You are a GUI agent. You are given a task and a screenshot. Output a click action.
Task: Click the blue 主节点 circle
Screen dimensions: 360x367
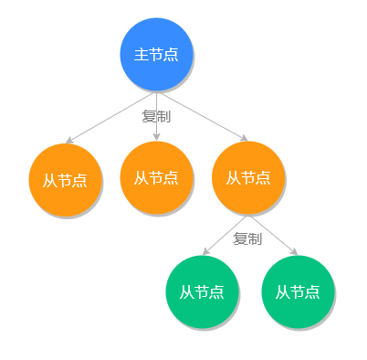[156, 55]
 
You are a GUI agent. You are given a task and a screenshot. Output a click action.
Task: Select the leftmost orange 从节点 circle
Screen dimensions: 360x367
[65, 179]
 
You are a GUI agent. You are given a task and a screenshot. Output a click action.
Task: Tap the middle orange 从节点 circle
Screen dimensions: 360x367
[156, 177]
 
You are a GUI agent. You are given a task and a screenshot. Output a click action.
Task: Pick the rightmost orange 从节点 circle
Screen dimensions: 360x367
[247, 177]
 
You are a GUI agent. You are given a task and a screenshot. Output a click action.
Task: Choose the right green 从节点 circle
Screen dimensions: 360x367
[298, 291]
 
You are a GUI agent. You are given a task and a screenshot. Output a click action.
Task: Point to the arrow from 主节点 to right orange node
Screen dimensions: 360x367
[203, 117]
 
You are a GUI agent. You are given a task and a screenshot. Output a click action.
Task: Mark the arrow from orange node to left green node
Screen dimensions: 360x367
[225, 234]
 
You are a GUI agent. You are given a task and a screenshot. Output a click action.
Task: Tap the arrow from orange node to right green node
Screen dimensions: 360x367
[273, 234]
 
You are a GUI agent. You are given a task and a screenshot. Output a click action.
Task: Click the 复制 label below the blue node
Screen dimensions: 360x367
[156, 117]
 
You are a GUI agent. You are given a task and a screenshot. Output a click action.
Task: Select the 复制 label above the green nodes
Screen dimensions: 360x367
[247, 238]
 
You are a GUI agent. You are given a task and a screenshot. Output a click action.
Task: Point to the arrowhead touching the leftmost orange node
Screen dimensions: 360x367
[68, 141]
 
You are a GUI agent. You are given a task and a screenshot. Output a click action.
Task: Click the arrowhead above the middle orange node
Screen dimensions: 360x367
[156, 137]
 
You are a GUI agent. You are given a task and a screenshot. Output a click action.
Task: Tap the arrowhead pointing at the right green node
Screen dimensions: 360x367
[294, 252]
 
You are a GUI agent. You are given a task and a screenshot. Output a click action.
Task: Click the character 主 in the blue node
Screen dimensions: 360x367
[142, 55]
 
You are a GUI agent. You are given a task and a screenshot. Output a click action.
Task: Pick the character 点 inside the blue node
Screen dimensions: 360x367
[171, 55]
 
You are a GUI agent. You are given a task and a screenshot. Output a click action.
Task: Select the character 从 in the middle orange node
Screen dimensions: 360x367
[142, 177]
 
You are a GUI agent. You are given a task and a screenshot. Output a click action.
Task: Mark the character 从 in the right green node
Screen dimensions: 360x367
[283, 292]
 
